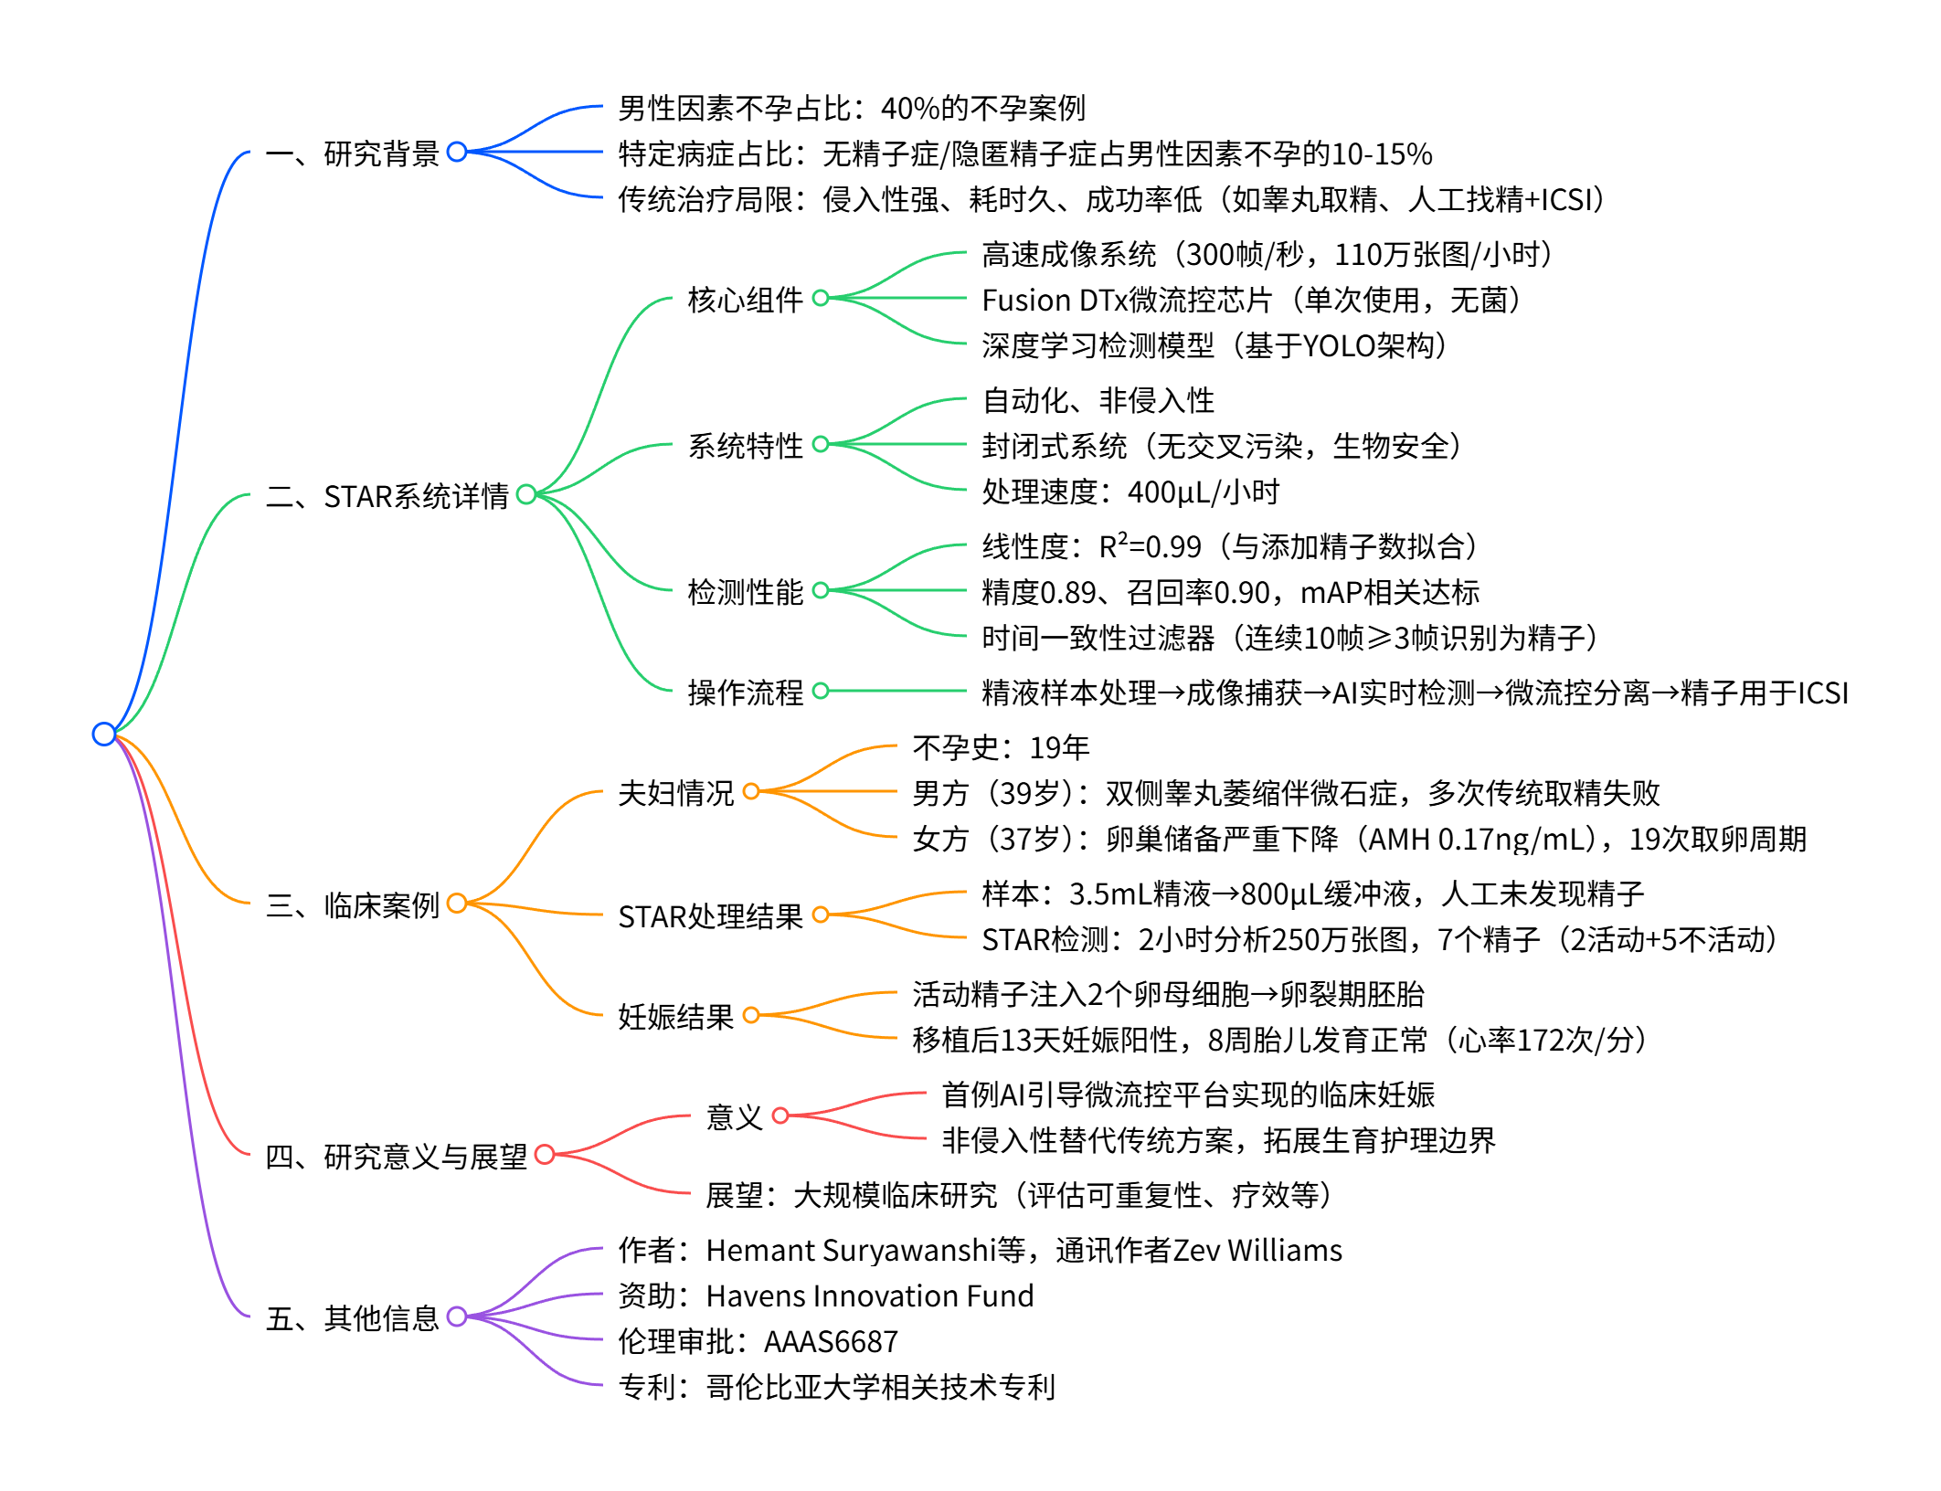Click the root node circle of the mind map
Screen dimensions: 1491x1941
(104, 734)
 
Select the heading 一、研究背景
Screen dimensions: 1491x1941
(353, 153)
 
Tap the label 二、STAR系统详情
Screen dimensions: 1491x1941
(387, 496)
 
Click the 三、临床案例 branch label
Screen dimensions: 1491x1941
(353, 905)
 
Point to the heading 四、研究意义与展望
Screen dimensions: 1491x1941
(396, 1157)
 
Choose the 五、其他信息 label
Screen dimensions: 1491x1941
(353, 1318)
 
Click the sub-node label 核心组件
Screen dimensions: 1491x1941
(745, 300)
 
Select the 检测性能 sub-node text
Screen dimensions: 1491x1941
(745, 592)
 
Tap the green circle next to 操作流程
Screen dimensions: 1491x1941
(821, 691)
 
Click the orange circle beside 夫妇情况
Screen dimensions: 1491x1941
(751, 791)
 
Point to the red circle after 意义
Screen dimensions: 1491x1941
(780, 1116)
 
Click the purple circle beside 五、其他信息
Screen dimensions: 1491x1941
(457, 1317)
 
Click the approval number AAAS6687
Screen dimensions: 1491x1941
(831, 1342)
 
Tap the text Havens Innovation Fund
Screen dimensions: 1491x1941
(870, 1296)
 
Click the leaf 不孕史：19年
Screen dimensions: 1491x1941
(1001, 748)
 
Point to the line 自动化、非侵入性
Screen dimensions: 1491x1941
(1098, 401)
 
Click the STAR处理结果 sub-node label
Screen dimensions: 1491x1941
(710, 916)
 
